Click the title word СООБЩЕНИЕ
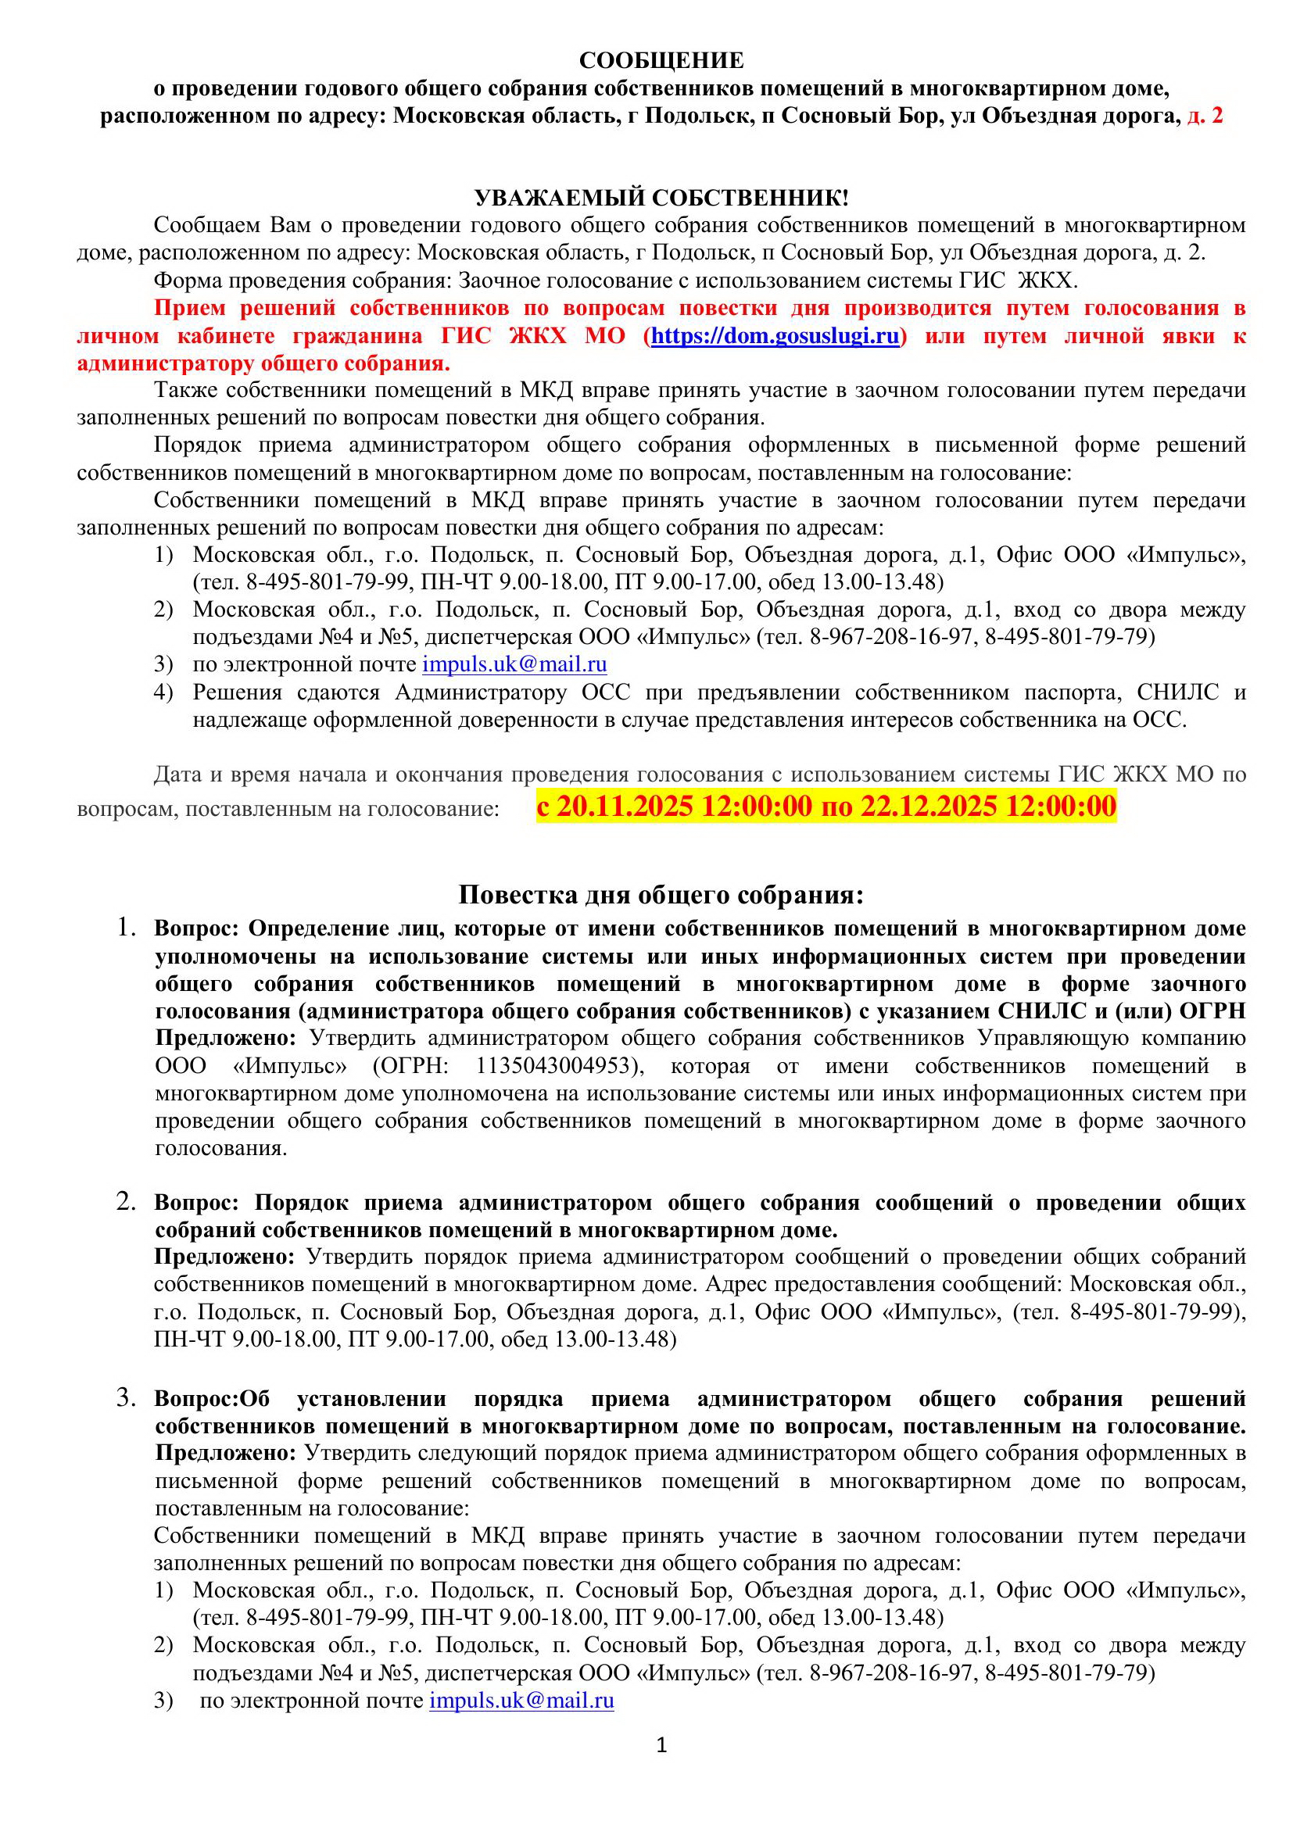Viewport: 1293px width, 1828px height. coord(661,61)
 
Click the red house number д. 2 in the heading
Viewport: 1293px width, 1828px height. coord(1205,116)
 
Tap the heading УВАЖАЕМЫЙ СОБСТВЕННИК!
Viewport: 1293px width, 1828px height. coord(661,199)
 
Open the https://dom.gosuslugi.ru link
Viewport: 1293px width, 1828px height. coord(775,336)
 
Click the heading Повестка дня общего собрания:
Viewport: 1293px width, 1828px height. coord(661,895)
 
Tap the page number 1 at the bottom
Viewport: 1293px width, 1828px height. coord(661,1746)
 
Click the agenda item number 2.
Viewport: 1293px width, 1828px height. coord(126,1200)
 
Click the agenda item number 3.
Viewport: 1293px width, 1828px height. coord(126,1397)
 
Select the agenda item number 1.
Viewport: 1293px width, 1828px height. coord(126,927)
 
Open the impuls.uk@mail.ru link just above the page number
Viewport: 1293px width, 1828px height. coord(521,1701)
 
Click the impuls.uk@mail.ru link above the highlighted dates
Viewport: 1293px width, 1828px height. coord(514,664)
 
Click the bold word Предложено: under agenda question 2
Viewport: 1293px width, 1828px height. coord(224,1257)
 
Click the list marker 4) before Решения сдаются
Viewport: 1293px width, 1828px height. coord(163,692)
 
